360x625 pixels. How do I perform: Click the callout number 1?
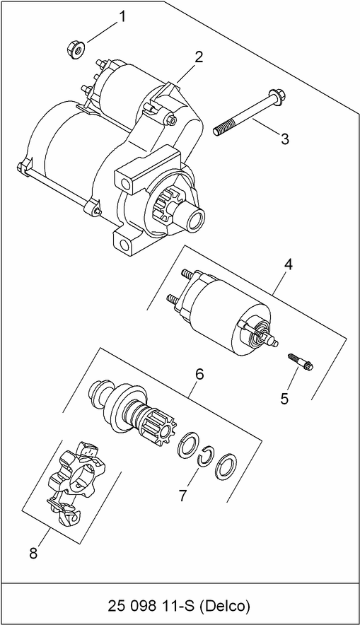[x=122, y=16]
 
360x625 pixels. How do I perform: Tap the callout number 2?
[x=199, y=57]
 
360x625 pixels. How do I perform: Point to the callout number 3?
[x=284, y=139]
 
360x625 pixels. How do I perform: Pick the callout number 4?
[x=289, y=265]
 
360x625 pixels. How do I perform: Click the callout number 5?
[x=284, y=399]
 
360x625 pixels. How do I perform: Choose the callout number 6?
[x=199, y=374]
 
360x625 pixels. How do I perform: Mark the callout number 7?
[x=182, y=496]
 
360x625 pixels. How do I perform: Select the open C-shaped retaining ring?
[x=204, y=458]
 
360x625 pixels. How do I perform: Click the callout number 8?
[x=33, y=554]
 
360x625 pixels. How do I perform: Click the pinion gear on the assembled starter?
[x=168, y=208]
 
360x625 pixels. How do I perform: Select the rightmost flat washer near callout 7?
[x=226, y=466]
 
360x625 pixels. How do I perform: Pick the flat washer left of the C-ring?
[x=186, y=445]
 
